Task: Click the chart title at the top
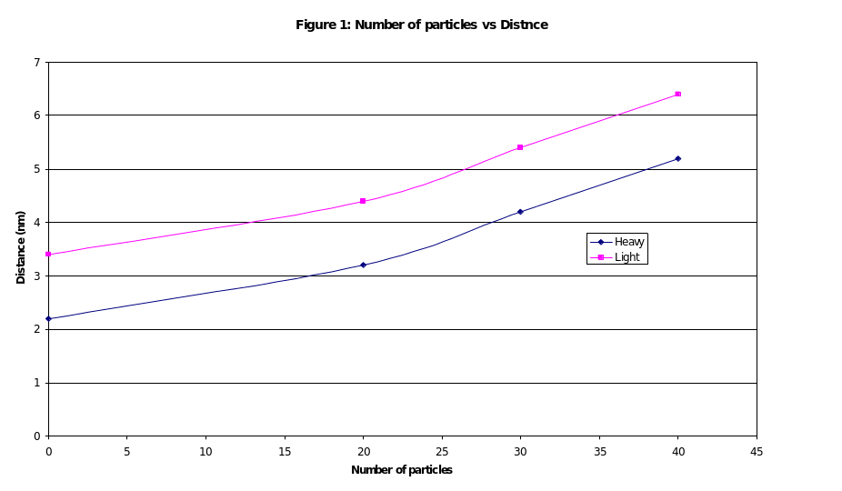[422, 25]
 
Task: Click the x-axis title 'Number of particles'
[402, 470]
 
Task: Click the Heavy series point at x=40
[677, 158]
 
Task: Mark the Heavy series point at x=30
[520, 212]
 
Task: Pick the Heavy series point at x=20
[363, 265]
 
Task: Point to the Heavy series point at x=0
[48, 318]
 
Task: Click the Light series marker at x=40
[677, 94]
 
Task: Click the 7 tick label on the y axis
[37, 62]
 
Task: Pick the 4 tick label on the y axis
[37, 222]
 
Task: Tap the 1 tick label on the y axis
[37, 383]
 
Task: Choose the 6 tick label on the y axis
[37, 115]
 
